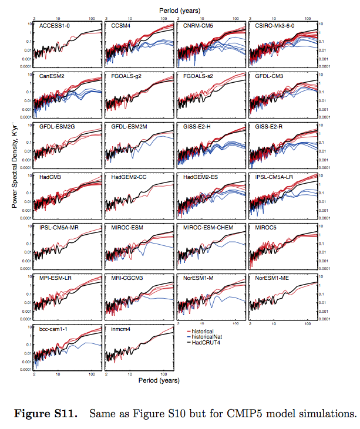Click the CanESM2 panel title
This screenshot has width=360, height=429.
click(51, 77)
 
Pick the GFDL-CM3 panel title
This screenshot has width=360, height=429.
click(268, 77)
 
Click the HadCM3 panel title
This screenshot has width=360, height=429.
click(49, 177)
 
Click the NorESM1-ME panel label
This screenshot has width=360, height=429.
click(271, 277)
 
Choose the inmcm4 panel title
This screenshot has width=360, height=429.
click(121, 327)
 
